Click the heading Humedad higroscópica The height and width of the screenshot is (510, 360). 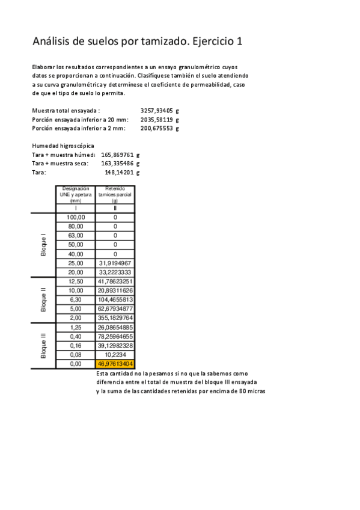coord(63,146)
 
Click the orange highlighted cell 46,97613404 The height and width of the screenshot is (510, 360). coord(115,364)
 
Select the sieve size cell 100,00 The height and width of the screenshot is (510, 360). coord(76,217)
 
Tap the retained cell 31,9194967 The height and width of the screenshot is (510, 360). coord(115,263)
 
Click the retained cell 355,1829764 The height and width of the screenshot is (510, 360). coord(115,318)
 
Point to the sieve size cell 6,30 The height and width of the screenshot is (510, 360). coord(76,300)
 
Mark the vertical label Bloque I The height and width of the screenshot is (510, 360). coord(43,245)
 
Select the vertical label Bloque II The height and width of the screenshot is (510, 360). coord(43,300)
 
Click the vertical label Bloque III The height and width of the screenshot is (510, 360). coord(43,346)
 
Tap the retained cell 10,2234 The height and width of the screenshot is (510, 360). coord(115,355)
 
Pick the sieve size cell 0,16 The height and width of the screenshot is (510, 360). coord(76,346)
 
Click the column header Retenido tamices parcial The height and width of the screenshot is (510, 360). coord(115,195)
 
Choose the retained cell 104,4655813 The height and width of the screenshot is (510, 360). coord(115,300)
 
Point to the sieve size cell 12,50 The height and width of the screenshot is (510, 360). coord(76,281)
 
